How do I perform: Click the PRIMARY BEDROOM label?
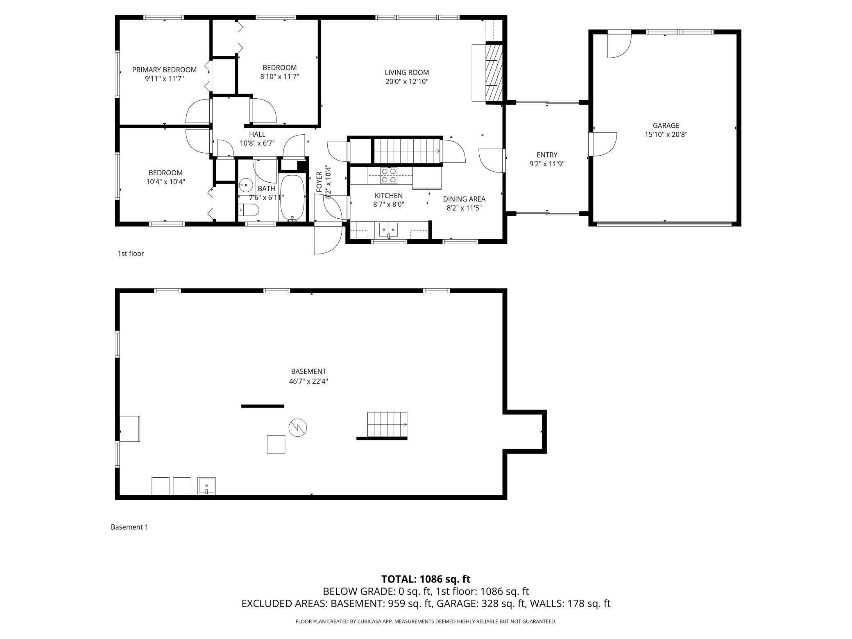tap(164, 70)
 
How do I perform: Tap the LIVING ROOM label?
tap(407, 73)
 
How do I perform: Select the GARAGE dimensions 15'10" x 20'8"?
tap(666, 134)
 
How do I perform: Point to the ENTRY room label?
tap(547, 155)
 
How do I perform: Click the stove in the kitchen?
tap(389, 175)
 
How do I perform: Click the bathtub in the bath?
tap(292, 198)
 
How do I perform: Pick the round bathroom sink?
tap(246, 185)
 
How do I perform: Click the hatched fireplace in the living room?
tap(494, 73)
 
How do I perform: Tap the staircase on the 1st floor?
tap(408, 151)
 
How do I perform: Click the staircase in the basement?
tap(387, 425)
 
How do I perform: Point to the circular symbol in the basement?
tap(298, 427)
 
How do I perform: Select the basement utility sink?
tap(206, 486)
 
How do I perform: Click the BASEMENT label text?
tap(308, 372)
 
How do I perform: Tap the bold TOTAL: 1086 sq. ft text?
tap(426, 579)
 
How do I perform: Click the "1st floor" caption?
tap(131, 254)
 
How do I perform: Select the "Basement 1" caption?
tap(129, 527)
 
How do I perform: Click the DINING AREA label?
tap(464, 199)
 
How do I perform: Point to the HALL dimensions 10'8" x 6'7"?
tap(257, 143)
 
